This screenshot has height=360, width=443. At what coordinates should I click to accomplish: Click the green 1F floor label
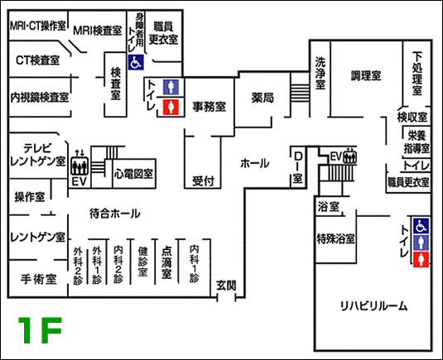(x=40, y=329)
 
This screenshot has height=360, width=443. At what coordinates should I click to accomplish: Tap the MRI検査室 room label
(x=97, y=31)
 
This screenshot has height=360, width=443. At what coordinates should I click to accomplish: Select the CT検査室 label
(x=37, y=60)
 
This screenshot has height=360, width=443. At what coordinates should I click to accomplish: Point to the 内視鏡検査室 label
(x=40, y=98)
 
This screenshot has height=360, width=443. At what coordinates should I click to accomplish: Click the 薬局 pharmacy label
(x=262, y=98)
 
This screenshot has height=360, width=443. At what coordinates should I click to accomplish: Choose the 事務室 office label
(x=209, y=107)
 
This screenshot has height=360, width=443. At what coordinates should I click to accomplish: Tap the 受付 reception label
(x=203, y=181)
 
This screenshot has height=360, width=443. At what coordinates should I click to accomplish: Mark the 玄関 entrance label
(x=226, y=286)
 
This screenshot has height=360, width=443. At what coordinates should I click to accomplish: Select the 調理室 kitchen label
(x=366, y=75)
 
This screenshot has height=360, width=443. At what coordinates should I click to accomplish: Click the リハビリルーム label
(x=373, y=306)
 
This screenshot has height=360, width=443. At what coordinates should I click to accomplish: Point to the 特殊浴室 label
(x=335, y=238)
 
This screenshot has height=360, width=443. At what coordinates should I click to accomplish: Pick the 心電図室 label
(x=133, y=173)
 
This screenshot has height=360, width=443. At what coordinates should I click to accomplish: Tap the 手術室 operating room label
(x=39, y=279)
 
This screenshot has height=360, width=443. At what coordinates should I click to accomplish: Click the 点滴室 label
(x=166, y=263)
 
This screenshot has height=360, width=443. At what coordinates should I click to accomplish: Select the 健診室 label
(x=142, y=262)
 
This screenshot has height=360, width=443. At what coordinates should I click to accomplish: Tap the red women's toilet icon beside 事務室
(x=171, y=107)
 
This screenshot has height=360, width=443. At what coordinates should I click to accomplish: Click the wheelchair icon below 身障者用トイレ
(x=136, y=62)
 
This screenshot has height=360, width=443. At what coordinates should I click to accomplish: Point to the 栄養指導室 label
(x=417, y=142)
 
